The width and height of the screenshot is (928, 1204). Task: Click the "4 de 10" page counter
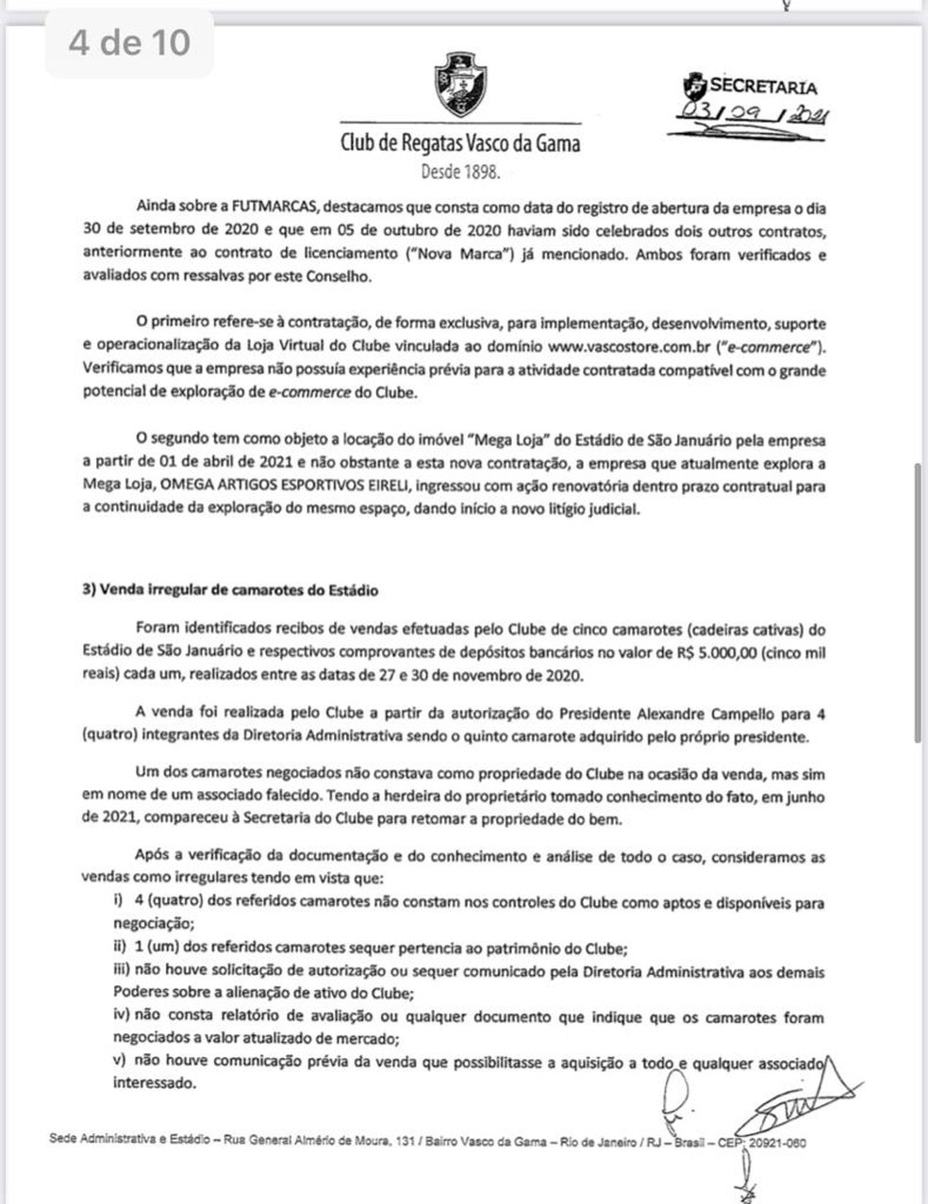(129, 43)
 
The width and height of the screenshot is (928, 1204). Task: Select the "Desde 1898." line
(459, 173)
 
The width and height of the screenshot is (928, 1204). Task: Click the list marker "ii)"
(120, 948)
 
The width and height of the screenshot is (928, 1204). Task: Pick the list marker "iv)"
(122, 1017)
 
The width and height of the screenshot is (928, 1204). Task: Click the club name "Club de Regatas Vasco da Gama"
(459, 144)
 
